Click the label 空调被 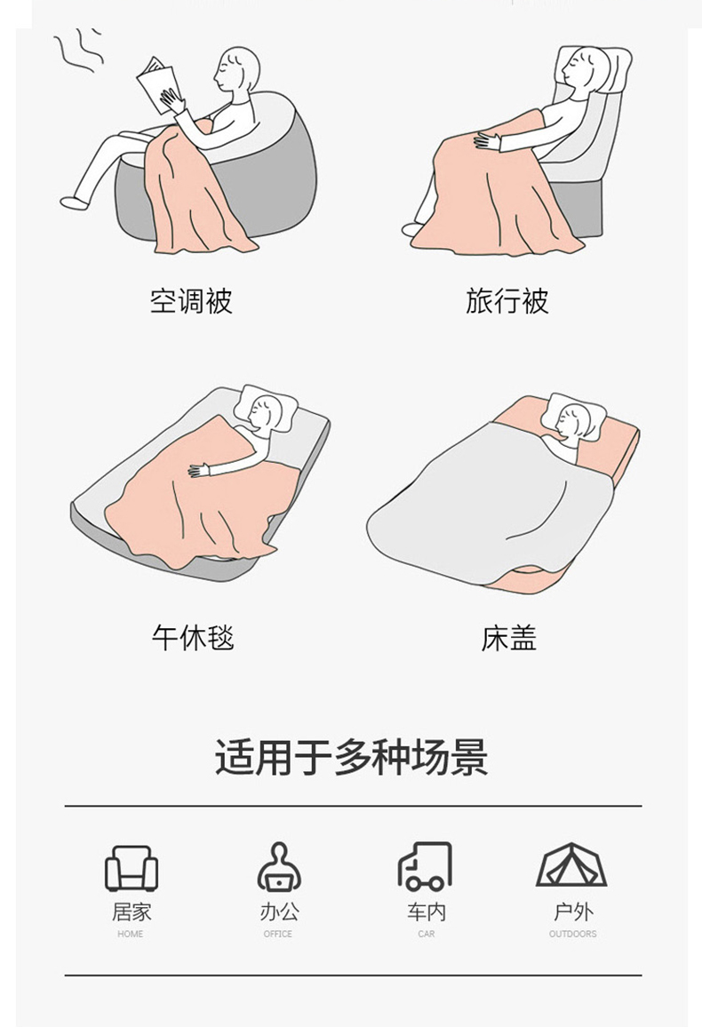191,301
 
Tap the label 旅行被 507,301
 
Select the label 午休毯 193,637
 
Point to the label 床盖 509,637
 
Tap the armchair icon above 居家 132,868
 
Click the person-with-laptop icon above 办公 279,866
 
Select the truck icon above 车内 425,866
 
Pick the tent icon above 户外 571,864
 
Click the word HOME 131,934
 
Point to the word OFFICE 277,934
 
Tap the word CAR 427,934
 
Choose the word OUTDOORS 573,934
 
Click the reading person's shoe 74,203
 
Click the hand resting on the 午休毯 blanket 199,470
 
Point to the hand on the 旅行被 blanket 487,139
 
